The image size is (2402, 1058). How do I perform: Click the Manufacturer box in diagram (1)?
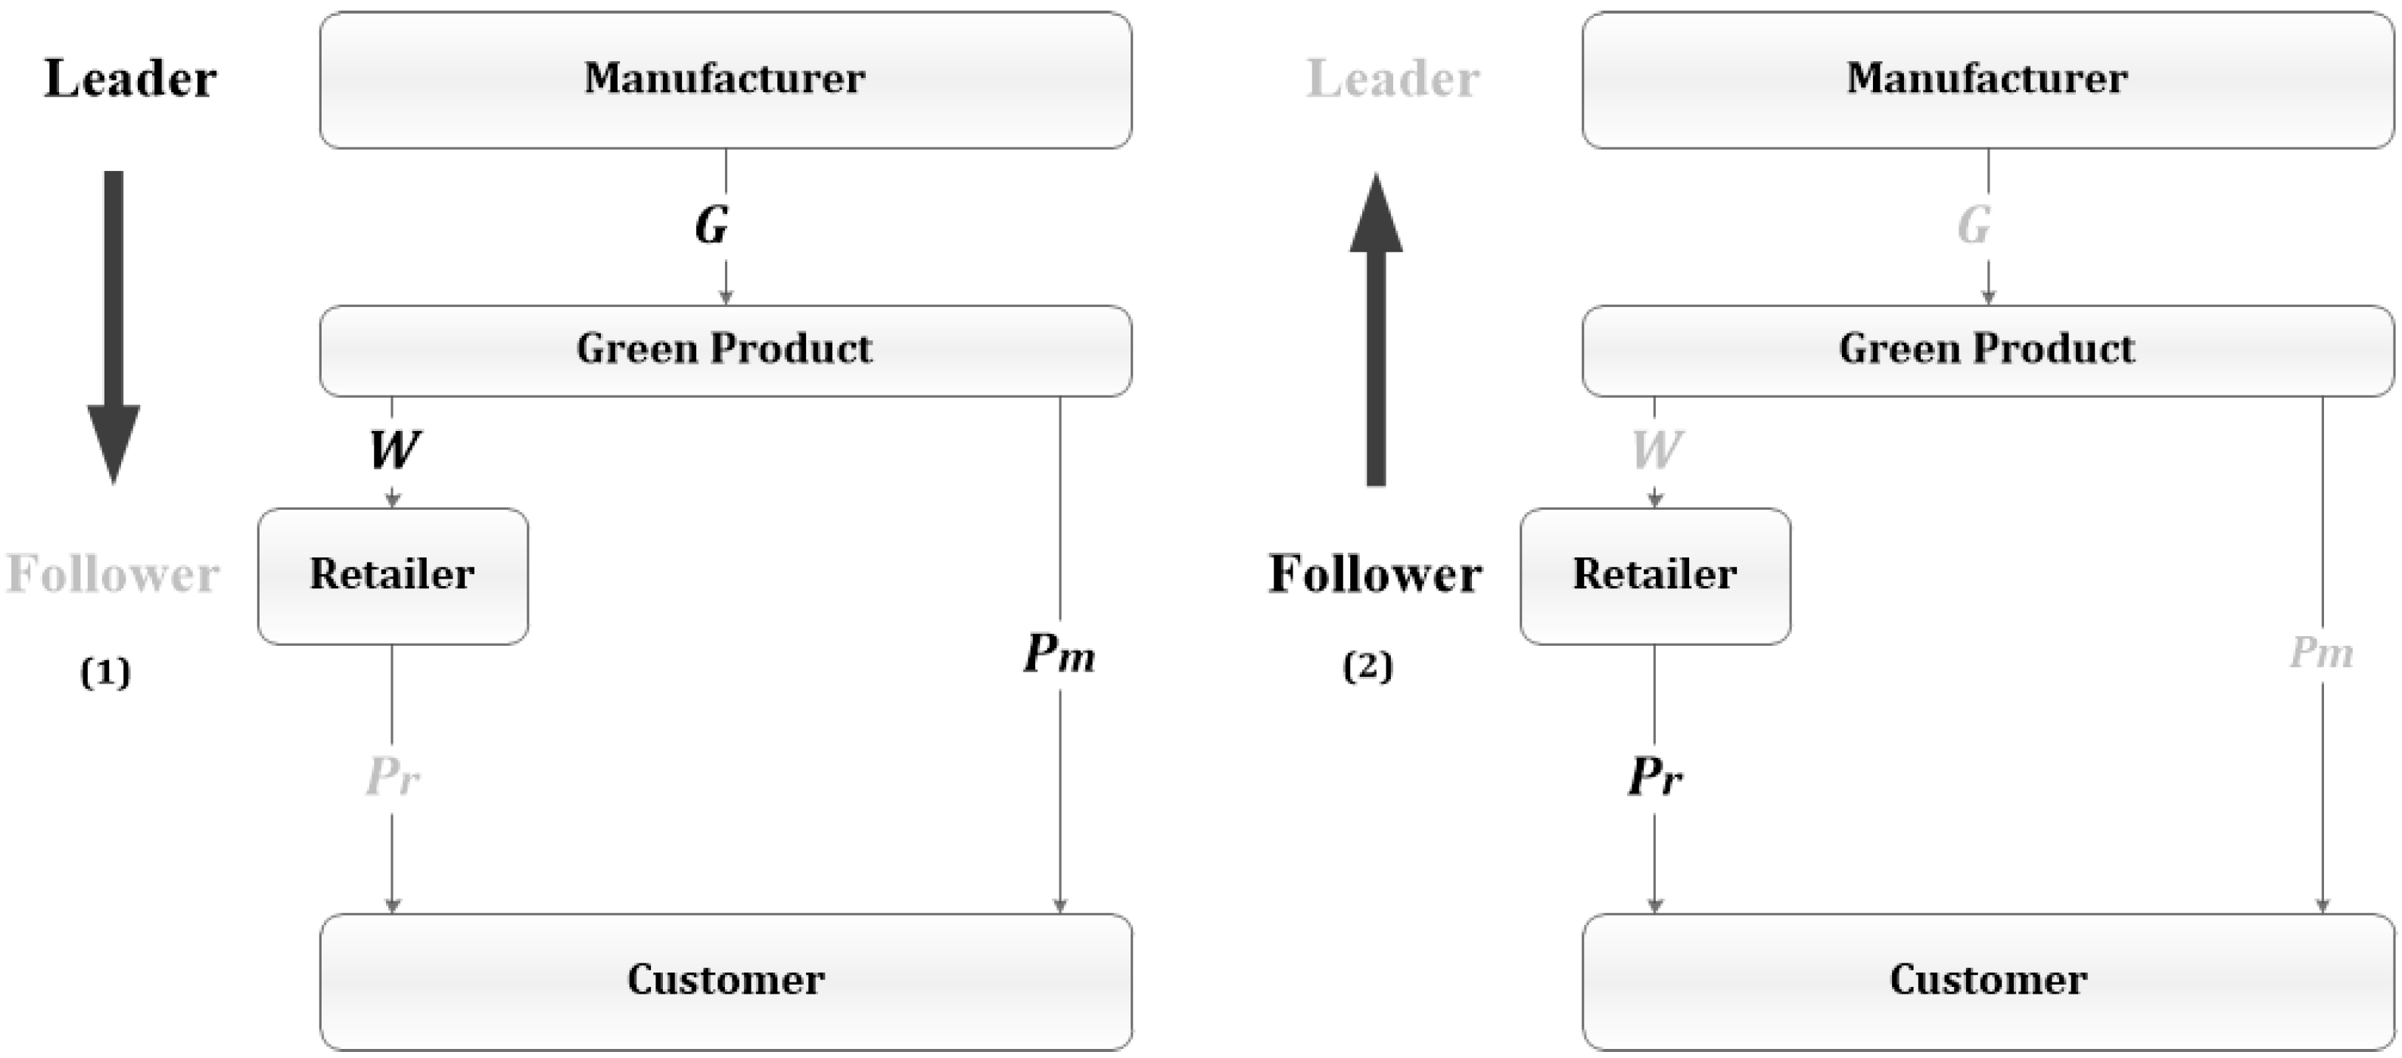[x=726, y=79]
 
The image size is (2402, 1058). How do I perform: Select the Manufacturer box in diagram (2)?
[x=1987, y=79]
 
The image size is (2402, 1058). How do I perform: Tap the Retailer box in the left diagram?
[x=393, y=576]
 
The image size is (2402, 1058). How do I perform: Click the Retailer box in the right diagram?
[x=1654, y=576]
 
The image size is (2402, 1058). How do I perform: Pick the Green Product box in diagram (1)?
[x=726, y=349]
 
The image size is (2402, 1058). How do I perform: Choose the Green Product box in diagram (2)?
[x=1987, y=349]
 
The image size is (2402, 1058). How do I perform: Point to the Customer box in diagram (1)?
[x=726, y=981]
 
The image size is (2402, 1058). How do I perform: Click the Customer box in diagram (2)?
[x=1987, y=981]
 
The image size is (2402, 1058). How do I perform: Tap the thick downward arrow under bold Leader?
[x=114, y=326]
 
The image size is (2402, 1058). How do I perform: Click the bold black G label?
[x=711, y=225]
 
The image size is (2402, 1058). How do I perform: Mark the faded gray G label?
[x=1973, y=225]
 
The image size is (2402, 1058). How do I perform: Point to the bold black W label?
[x=394, y=450]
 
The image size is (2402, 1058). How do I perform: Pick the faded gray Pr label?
[x=392, y=776]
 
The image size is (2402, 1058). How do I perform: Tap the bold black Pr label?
[x=1654, y=776]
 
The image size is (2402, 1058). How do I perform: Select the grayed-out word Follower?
[x=113, y=574]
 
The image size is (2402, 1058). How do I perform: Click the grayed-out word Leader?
[x=1392, y=79]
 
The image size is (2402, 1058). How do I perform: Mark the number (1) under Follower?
[x=105, y=672]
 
